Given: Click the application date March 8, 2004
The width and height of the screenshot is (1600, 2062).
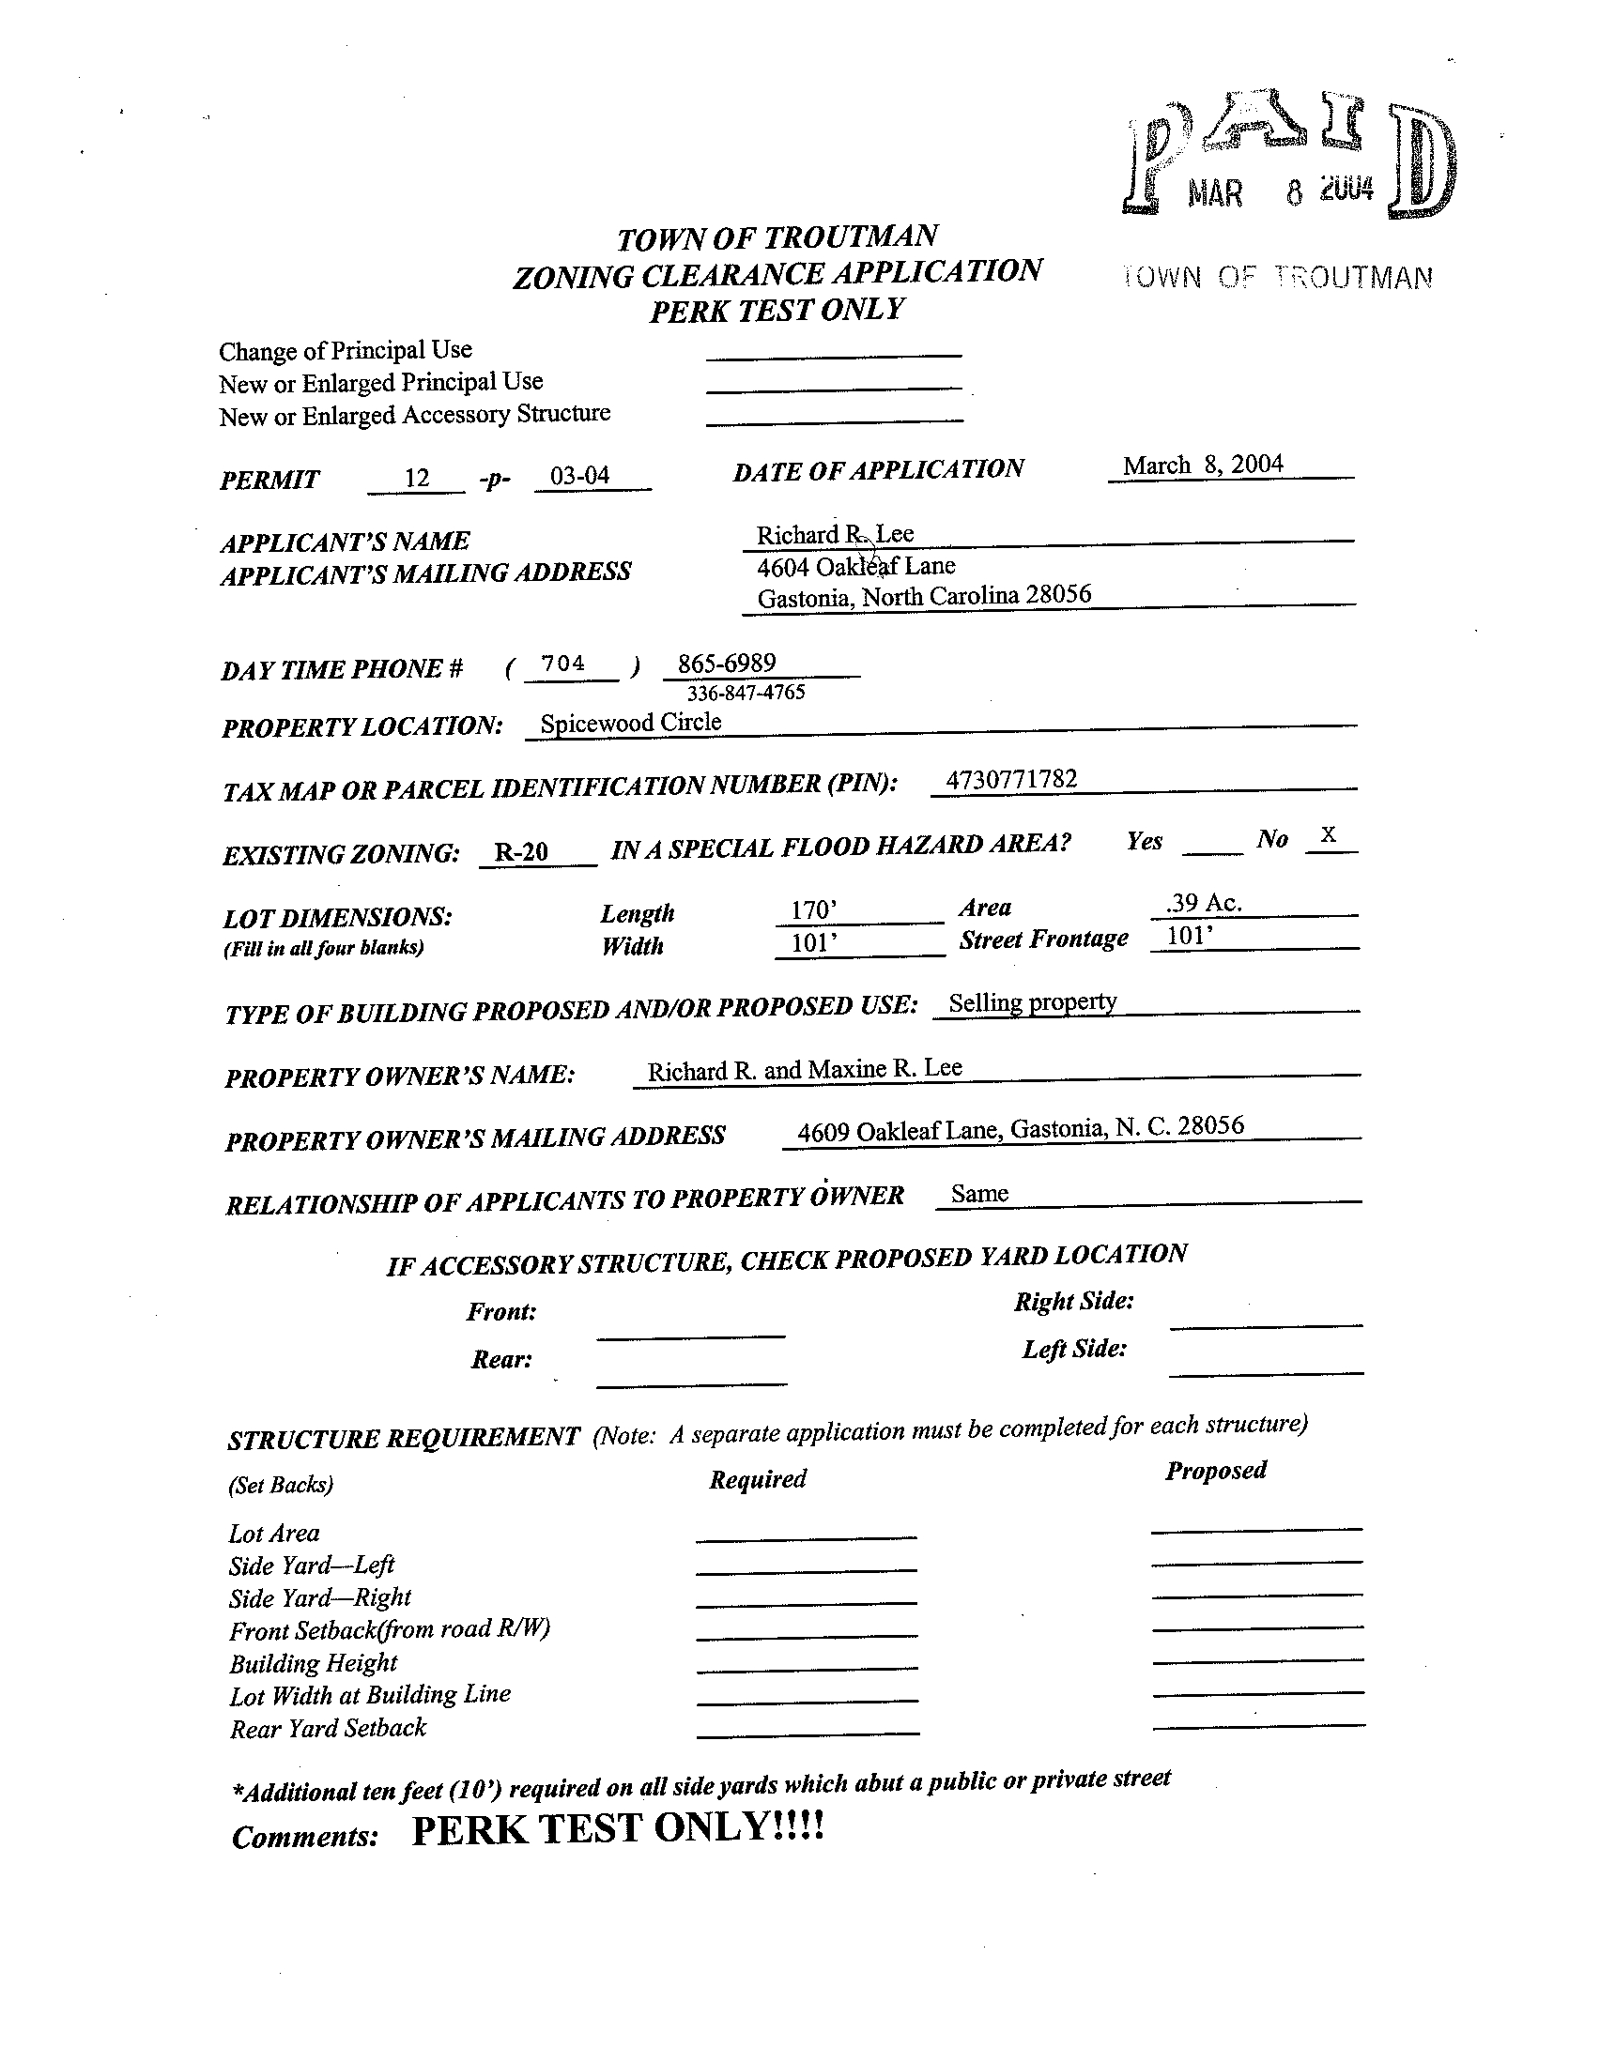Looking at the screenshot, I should (1203, 466).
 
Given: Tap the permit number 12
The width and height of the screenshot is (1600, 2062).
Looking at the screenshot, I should (417, 479).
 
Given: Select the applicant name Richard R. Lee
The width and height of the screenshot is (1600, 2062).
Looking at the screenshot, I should (834, 534).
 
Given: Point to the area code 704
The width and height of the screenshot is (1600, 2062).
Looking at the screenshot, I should (563, 664).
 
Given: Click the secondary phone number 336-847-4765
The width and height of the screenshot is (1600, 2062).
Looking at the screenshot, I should (746, 693).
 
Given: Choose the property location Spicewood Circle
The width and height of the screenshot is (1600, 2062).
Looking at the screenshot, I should (630, 724).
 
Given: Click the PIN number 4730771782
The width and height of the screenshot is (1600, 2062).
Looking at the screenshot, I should (1010, 779).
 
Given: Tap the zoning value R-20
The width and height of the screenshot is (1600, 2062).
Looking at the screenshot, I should (521, 852).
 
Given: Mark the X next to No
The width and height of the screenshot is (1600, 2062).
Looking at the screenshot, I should (1328, 834).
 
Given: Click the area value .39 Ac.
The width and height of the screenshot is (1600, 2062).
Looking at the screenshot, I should (1204, 904).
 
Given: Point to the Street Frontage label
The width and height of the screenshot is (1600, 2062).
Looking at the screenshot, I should (1044, 939).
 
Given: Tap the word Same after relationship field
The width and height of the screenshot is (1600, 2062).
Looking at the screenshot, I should (979, 1195).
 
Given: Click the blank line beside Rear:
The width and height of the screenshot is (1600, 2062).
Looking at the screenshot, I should (691, 1382).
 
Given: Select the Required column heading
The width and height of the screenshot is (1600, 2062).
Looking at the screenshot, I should (758, 1479).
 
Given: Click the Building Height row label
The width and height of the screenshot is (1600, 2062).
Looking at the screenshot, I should (313, 1663).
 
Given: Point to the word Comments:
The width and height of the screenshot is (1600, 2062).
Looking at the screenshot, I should (305, 1838).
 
